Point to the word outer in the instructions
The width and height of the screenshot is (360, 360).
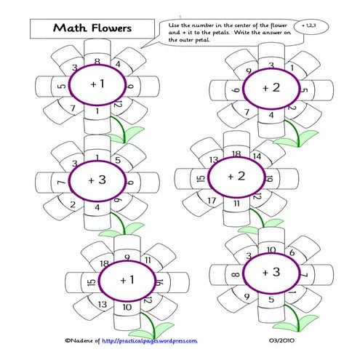187,41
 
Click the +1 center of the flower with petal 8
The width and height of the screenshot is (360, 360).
97,85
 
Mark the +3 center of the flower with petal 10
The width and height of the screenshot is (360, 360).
271,272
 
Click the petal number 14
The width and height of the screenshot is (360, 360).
255,156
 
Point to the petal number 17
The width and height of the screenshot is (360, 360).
213,201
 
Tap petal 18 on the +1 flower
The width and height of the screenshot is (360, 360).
104,263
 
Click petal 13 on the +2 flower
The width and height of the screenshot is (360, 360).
214,160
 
